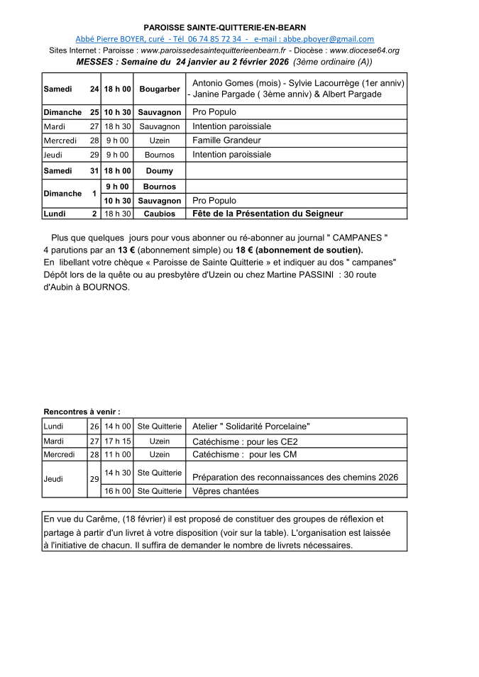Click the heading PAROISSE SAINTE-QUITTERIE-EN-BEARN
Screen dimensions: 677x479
click(x=224, y=27)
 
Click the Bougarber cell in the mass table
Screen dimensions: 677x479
click(x=159, y=89)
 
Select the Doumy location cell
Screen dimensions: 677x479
click(x=159, y=171)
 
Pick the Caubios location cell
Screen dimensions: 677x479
click(x=159, y=214)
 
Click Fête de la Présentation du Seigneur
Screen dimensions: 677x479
click(x=268, y=214)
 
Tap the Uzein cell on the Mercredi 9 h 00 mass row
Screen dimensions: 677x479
click(x=159, y=141)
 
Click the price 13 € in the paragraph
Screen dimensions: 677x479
click(x=126, y=251)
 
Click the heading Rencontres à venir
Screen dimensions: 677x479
click(x=82, y=412)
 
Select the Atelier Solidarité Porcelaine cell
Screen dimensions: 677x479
click(x=251, y=426)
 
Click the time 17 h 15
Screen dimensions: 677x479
click(x=118, y=441)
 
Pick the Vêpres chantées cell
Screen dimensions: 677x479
click(x=225, y=491)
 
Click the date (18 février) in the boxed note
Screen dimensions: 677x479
click(x=153, y=519)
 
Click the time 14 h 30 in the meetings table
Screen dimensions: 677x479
click(x=118, y=472)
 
